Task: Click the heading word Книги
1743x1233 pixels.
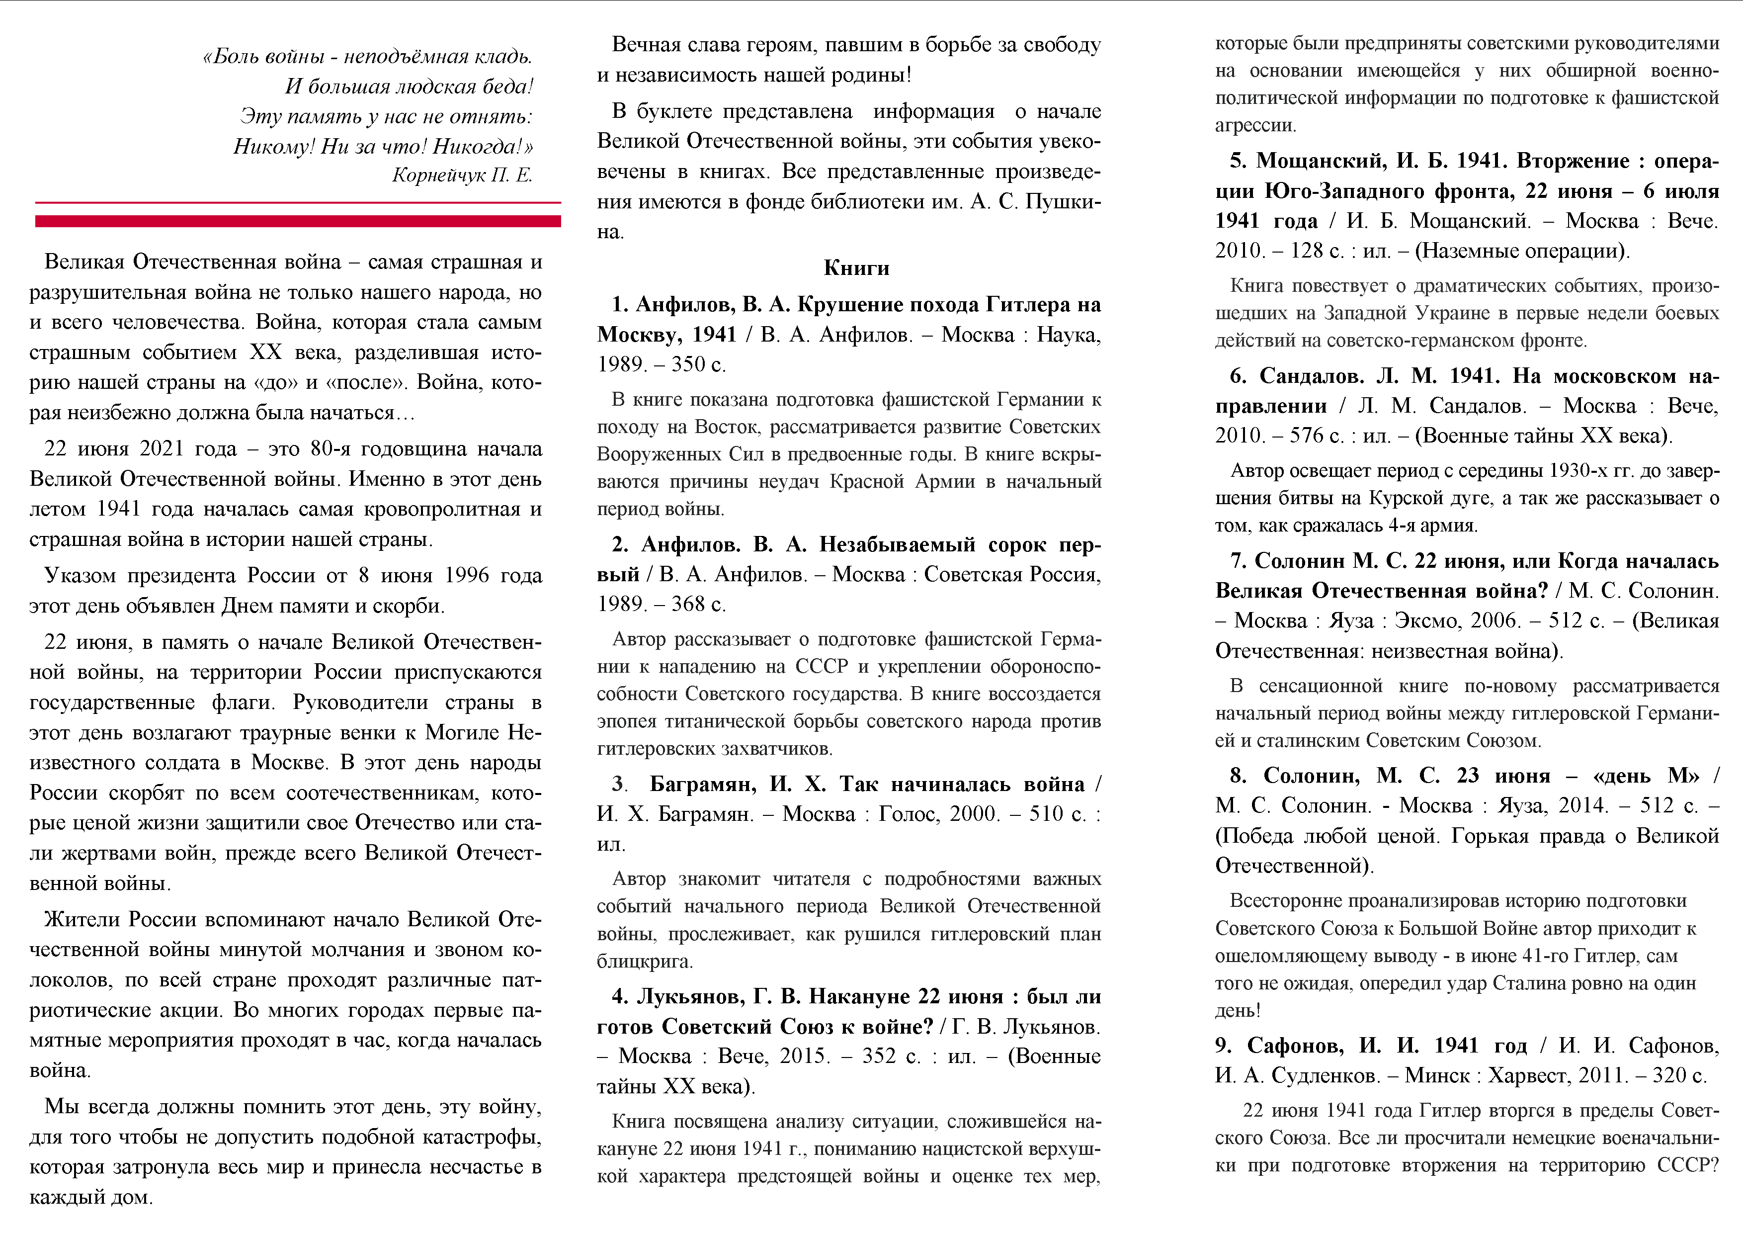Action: [856, 268]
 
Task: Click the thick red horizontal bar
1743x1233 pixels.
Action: [298, 221]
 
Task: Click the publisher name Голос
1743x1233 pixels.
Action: [908, 814]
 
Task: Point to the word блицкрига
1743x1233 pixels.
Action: [644, 961]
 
